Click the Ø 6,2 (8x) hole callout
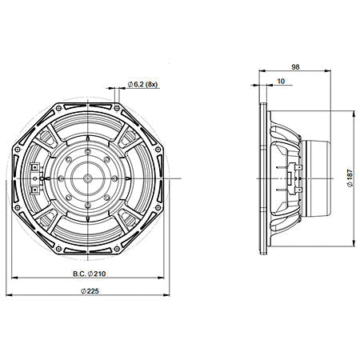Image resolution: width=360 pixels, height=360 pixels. [143, 84]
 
